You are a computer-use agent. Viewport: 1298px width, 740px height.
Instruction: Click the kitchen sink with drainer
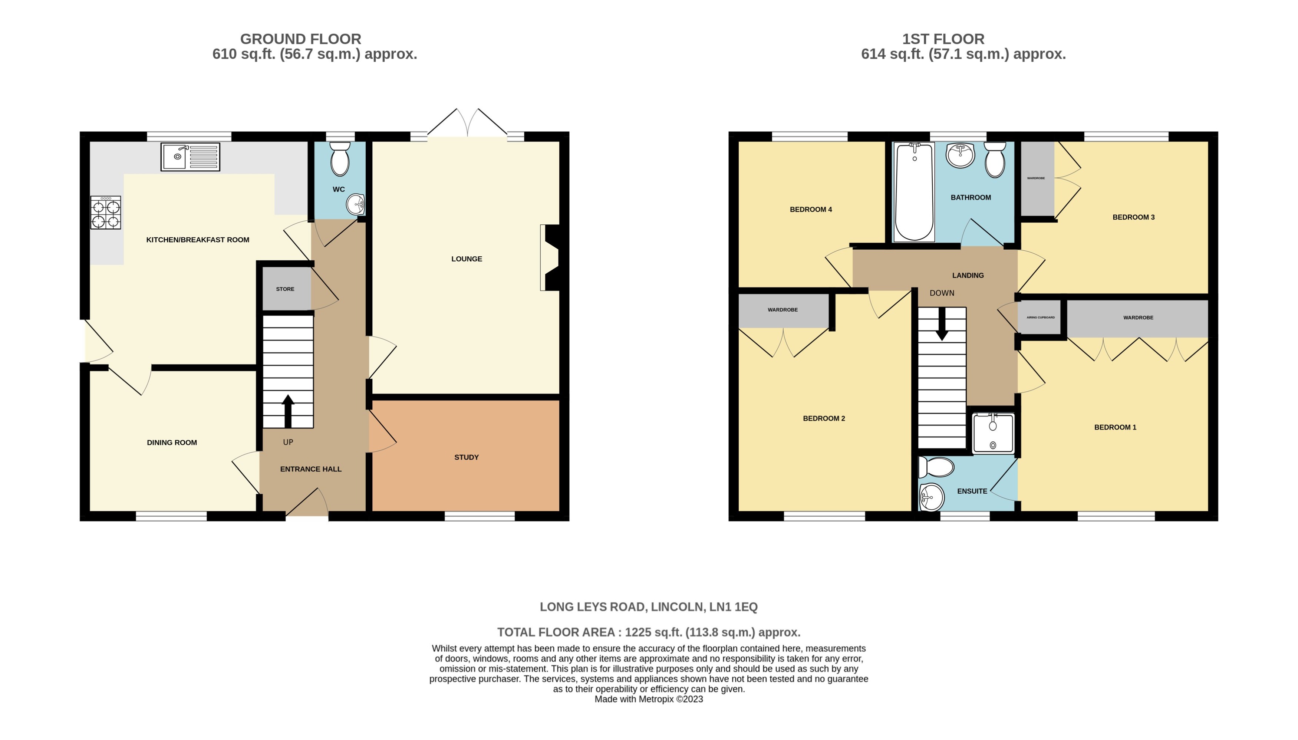click(190, 157)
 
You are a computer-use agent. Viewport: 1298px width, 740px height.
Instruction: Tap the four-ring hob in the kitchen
click(106, 213)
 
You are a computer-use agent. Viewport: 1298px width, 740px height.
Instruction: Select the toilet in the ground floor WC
click(340, 159)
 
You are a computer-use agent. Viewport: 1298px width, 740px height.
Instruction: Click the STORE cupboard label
click(285, 289)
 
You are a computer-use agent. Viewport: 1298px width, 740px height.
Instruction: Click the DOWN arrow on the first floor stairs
click(941, 325)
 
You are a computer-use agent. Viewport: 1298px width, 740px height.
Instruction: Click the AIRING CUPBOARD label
click(1040, 318)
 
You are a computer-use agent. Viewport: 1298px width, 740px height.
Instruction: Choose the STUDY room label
click(466, 457)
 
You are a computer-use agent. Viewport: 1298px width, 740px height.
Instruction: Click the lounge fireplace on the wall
click(550, 258)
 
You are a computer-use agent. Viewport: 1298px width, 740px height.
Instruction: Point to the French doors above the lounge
click(467, 124)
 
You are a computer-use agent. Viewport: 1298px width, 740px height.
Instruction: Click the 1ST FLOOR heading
click(943, 39)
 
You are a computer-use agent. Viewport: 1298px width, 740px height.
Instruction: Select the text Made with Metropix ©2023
click(649, 699)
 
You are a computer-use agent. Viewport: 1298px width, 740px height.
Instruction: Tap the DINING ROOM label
click(172, 443)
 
